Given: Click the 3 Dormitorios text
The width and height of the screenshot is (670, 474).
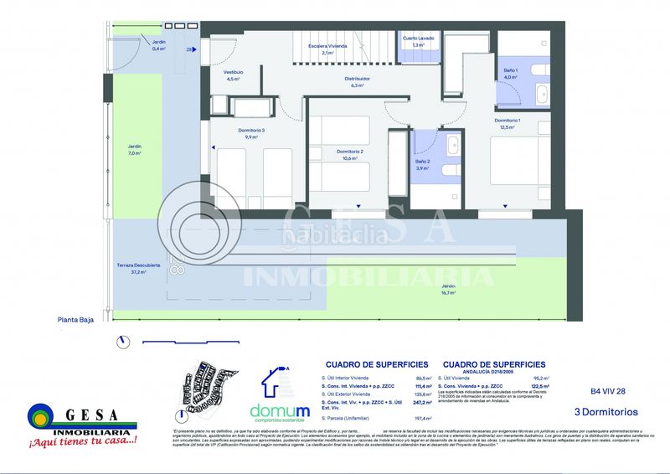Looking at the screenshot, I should (606, 412).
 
